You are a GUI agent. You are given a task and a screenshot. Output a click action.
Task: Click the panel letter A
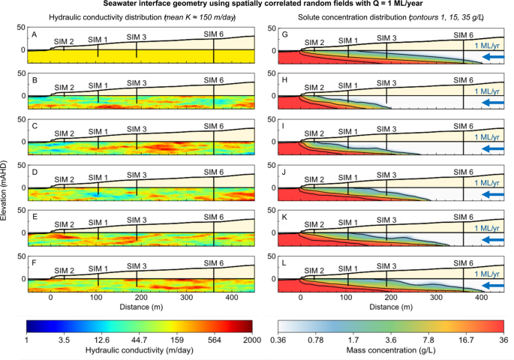[x=34, y=33]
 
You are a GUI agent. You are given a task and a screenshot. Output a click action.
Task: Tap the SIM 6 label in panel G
[x=463, y=35]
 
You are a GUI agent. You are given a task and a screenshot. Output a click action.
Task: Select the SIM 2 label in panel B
[x=64, y=88]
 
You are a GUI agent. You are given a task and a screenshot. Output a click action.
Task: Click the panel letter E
[x=34, y=217]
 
